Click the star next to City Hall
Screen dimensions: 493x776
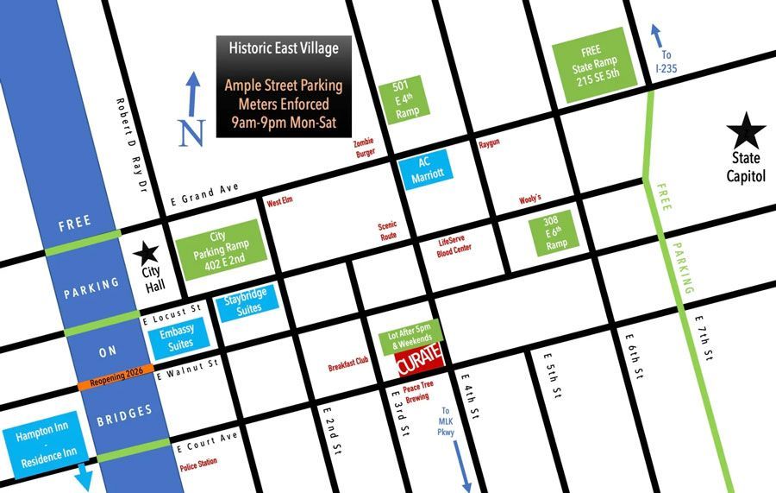[146, 253]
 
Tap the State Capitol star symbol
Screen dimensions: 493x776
[746, 133]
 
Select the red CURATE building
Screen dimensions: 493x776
[420, 360]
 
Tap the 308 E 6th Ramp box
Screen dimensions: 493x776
[549, 234]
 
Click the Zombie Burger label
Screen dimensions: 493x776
[366, 148]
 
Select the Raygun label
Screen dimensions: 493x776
[489, 144]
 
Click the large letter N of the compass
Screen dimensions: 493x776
[191, 132]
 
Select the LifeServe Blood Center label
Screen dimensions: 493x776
[455, 244]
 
